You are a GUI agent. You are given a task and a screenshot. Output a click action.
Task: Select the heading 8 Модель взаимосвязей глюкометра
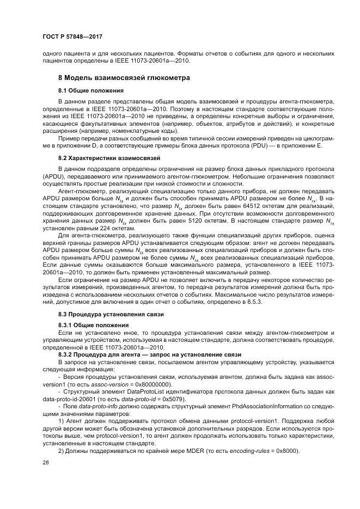[x=124, y=78]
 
